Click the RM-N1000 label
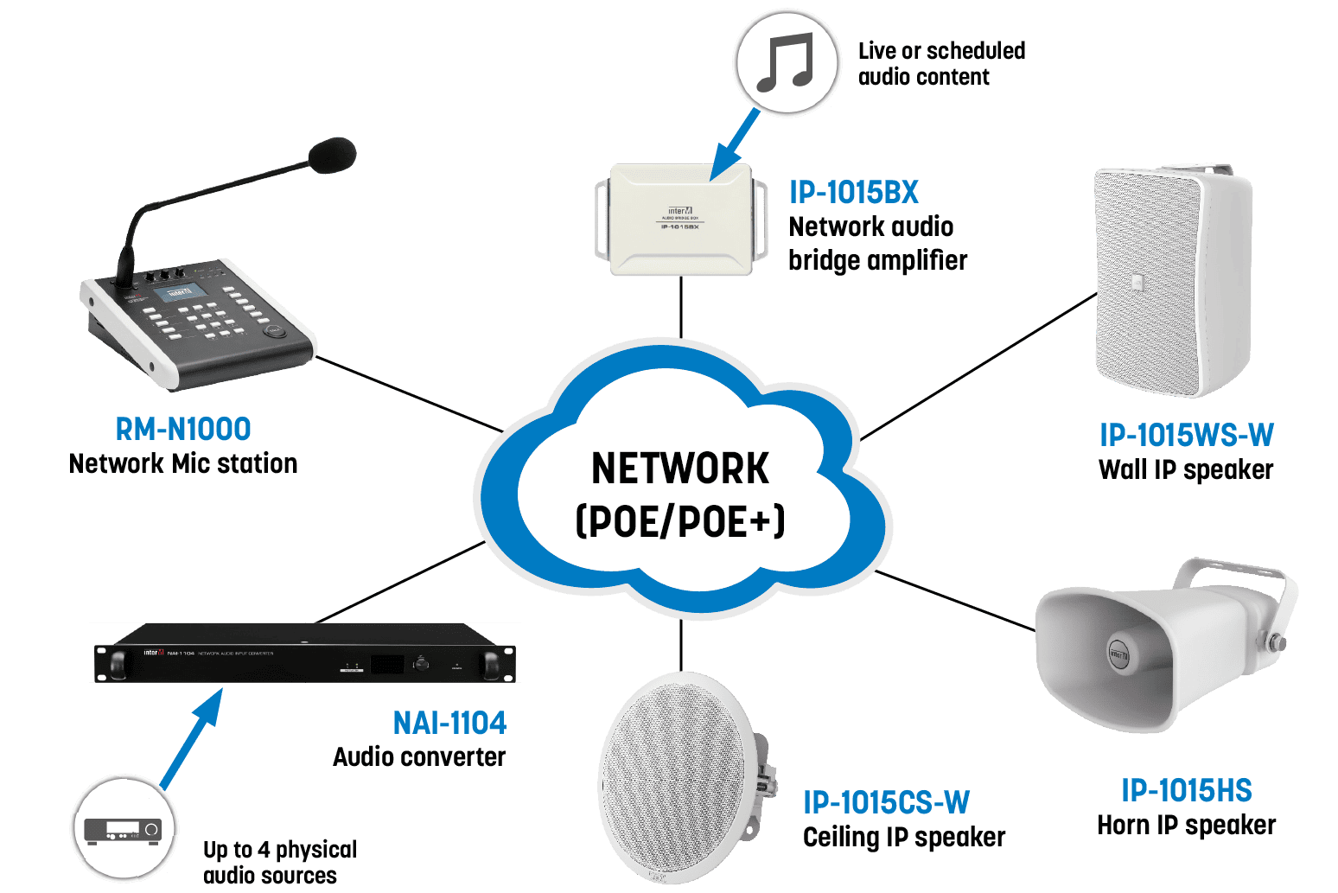pyautogui.click(x=183, y=430)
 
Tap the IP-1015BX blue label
pyautogui.click(x=854, y=192)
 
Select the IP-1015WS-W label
pyautogui.click(x=1186, y=435)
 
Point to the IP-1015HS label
pyautogui.click(x=1186, y=790)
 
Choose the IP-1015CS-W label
pyautogui.click(x=886, y=802)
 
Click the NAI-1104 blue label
pyautogui.click(x=449, y=723)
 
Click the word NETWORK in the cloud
pyautogui.click(x=680, y=469)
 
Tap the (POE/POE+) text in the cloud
pyautogui.click(x=680, y=520)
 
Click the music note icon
pyautogui.click(x=786, y=63)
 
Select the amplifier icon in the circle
pyautogui.click(x=124, y=828)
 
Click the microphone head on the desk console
pyautogui.click(x=332, y=156)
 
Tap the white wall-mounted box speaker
pyautogui.click(x=1171, y=281)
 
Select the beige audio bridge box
pyautogui.click(x=680, y=220)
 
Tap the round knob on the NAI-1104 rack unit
pyautogui.click(x=421, y=664)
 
